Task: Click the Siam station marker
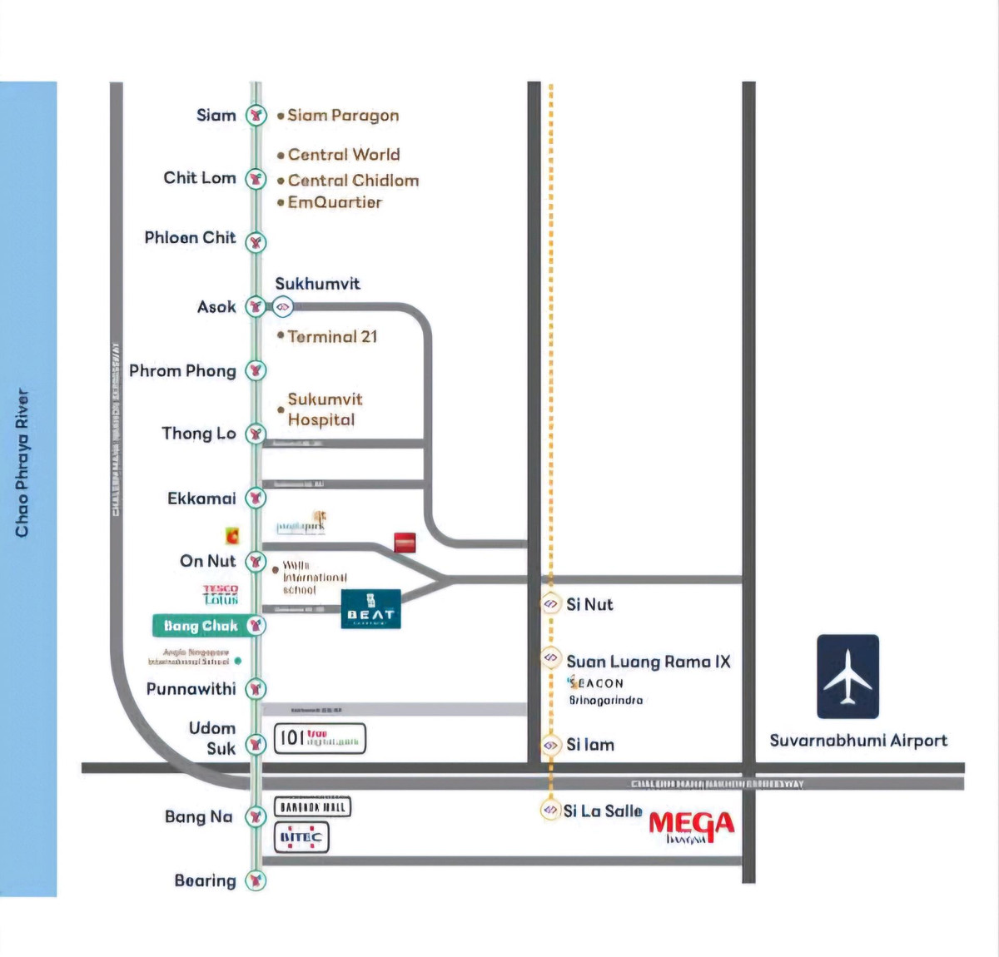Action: [x=256, y=116]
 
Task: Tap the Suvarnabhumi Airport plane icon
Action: [x=847, y=677]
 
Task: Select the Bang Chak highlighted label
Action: [x=201, y=626]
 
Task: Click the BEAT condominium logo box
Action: [x=371, y=609]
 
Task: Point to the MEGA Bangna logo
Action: [x=691, y=826]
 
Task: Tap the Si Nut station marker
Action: [x=550, y=603]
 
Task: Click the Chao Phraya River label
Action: [x=22, y=463]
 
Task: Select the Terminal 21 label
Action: [x=332, y=336]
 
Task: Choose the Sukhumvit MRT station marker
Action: [x=283, y=307]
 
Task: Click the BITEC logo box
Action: [x=301, y=838]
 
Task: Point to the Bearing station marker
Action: [x=256, y=880]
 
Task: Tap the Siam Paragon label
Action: [x=343, y=116]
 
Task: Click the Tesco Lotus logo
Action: [x=221, y=594]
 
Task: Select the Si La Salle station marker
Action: [x=549, y=809]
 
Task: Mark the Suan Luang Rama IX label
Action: [x=648, y=662]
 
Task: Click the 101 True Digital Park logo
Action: [x=320, y=738]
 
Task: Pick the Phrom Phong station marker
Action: [x=256, y=370]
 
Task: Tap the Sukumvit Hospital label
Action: [x=325, y=409]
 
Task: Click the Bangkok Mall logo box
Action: [x=312, y=806]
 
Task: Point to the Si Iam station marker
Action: [x=550, y=745]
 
